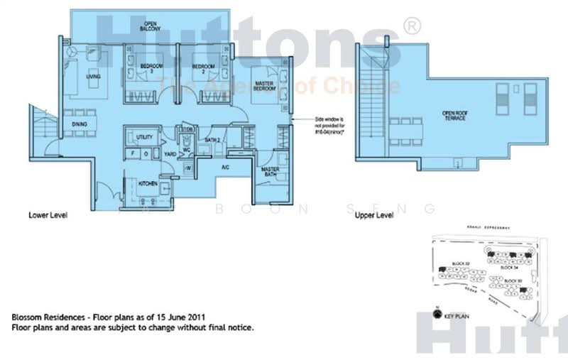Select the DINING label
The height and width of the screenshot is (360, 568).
pos(80,125)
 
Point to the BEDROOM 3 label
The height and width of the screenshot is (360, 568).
pos(149,69)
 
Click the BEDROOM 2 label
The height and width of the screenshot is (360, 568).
pos(202,69)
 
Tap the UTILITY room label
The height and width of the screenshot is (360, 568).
pos(145,136)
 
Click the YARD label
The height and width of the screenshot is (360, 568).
pos(170,153)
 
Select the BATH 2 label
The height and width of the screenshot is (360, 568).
pos(211,140)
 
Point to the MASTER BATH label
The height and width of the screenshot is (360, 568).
pos(268,173)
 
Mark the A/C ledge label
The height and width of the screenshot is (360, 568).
pos(225,168)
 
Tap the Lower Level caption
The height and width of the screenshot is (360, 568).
pos(48,214)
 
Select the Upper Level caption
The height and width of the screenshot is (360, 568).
pos(373,214)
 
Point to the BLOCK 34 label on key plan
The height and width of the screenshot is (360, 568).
pos(510,268)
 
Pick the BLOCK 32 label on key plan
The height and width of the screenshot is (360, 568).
pos(462,263)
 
